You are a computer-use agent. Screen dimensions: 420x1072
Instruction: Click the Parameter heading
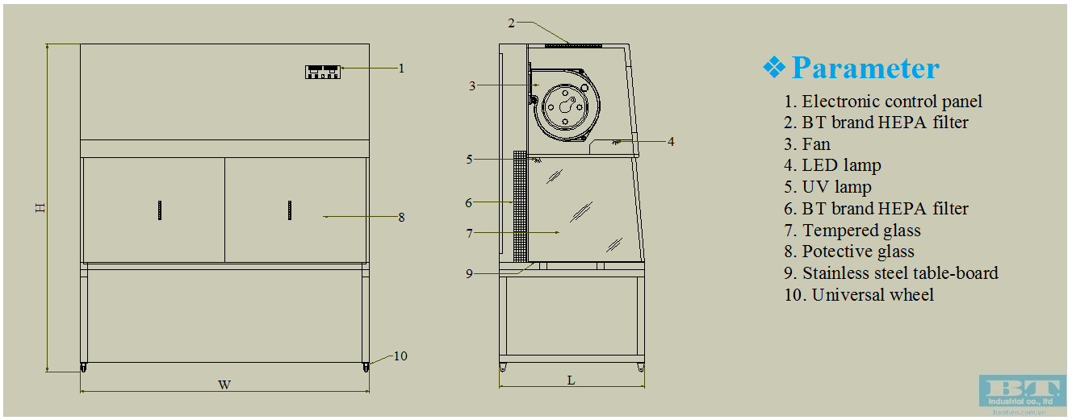point(865,68)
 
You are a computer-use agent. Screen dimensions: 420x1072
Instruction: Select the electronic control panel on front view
point(321,72)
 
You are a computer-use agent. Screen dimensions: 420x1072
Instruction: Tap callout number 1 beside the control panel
point(401,69)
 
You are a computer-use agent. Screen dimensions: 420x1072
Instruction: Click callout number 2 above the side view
point(511,23)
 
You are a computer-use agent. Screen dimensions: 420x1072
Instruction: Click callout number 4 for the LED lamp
point(671,142)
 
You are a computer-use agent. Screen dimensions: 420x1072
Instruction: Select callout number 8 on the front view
point(401,217)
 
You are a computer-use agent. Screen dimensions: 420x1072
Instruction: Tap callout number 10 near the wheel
point(400,356)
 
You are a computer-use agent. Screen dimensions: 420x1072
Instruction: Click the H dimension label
point(40,208)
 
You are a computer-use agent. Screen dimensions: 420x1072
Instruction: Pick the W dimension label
point(224,385)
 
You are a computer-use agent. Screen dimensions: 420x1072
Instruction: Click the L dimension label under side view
point(571,380)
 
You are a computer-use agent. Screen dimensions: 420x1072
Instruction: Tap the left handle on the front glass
point(160,210)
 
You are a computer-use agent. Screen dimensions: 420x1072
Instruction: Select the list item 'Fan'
point(815,144)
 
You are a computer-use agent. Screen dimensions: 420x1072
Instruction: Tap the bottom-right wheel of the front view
point(365,368)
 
